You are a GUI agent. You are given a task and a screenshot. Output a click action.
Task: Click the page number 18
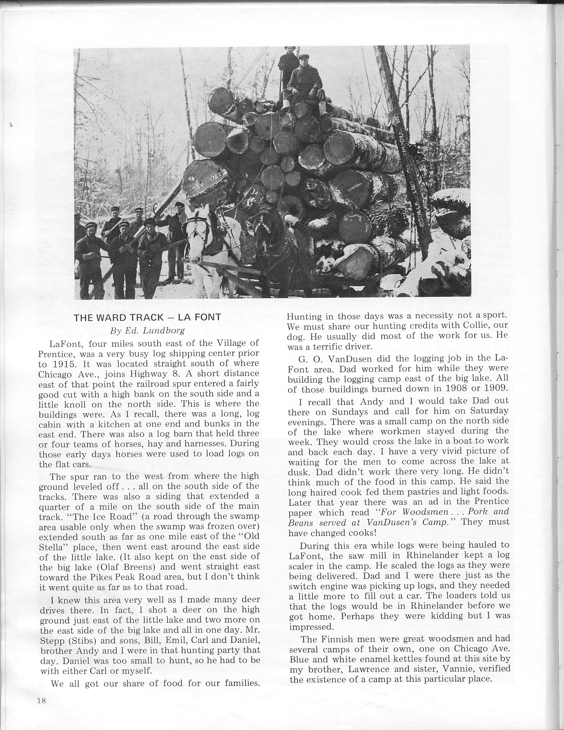click(x=42, y=701)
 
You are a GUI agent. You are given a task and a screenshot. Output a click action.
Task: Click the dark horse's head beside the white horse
click(x=262, y=226)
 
